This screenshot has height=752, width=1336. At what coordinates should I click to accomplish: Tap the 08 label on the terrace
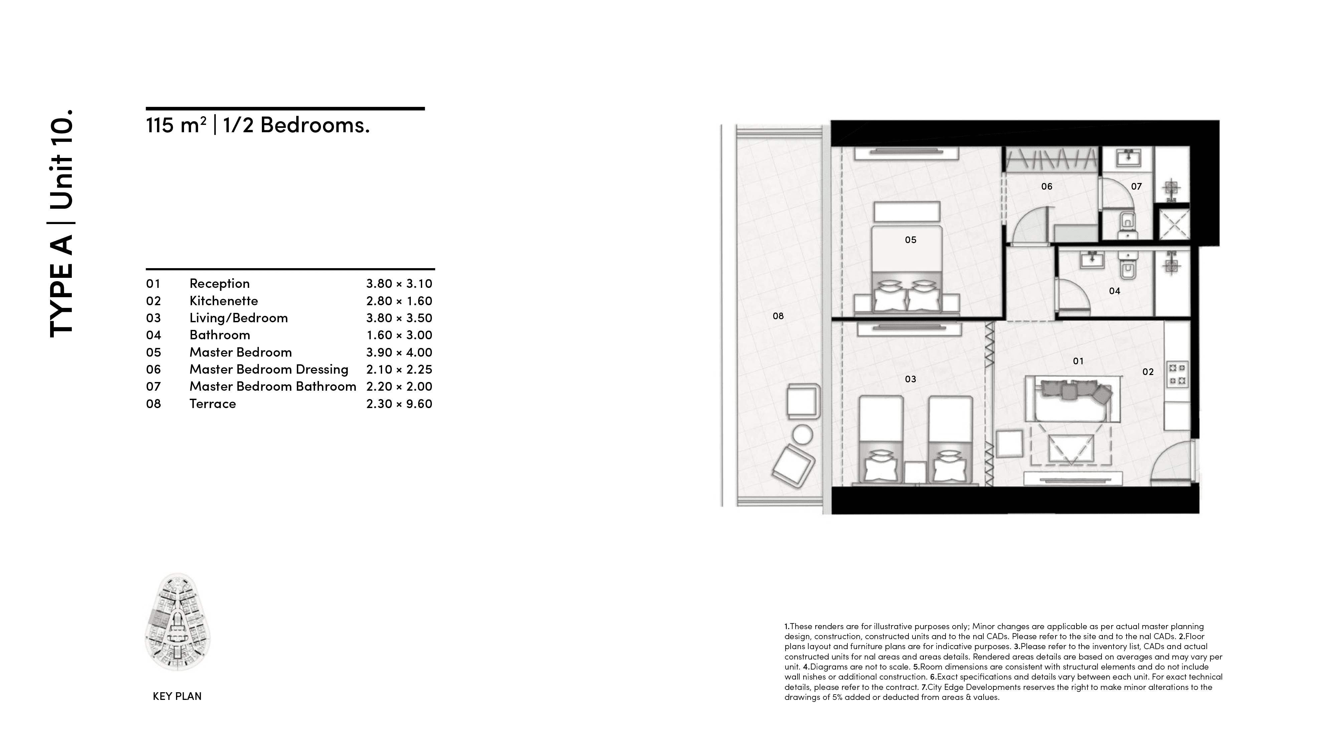[x=778, y=316]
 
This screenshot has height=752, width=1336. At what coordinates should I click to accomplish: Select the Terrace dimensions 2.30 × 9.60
[x=399, y=403]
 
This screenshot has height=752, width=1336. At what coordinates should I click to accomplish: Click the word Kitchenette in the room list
[x=223, y=301]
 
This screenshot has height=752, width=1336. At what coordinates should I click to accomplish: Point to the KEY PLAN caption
[x=177, y=696]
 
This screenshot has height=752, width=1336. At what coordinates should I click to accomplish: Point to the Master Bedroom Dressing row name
[x=269, y=369]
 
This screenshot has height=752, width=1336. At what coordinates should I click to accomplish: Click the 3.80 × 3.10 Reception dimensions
[x=399, y=284]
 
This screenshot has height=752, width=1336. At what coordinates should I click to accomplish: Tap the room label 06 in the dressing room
[x=1047, y=186]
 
